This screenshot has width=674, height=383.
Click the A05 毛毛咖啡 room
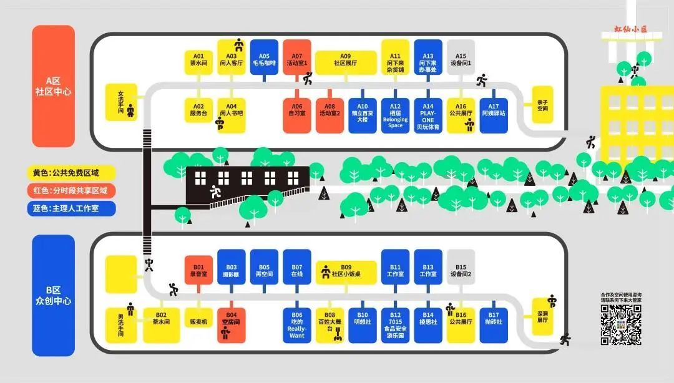tap(264, 57)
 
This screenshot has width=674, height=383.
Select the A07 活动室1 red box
tap(297, 57)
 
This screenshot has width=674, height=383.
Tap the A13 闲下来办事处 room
tap(428, 57)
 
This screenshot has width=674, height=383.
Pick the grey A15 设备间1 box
tap(461, 57)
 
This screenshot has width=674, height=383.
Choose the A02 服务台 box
tap(198, 110)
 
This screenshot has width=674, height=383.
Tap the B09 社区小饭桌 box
tap(346, 272)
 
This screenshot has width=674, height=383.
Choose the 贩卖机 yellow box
tap(198, 320)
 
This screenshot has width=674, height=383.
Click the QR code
tap(621, 325)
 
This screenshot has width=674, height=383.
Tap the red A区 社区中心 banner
tap(53, 86)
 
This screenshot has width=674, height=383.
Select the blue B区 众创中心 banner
tap(53, 295)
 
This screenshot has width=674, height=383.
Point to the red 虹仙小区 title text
tap(630, 29)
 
